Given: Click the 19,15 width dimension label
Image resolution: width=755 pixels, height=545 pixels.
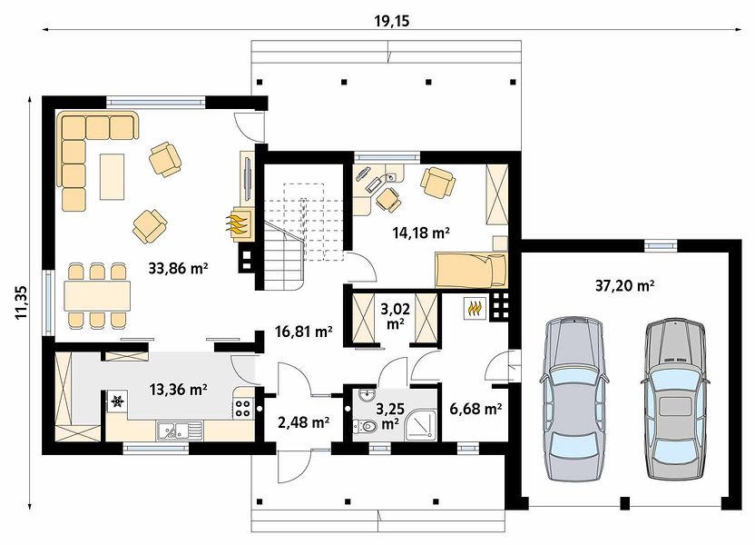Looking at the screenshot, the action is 391,21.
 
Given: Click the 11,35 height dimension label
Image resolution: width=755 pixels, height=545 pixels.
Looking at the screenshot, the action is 21,302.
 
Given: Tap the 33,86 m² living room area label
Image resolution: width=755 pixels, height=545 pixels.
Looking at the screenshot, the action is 178,268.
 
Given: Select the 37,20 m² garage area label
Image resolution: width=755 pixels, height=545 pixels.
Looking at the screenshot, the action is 624,286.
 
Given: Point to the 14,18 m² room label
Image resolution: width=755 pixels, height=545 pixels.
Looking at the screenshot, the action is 421,233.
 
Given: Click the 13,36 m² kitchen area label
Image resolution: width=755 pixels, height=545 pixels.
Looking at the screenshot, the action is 179,389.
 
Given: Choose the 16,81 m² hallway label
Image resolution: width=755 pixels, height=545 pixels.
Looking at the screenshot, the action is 304,331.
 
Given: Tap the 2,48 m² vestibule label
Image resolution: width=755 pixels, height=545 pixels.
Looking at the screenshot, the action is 304,422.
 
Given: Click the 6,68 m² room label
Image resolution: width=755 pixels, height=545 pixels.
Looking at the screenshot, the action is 476,409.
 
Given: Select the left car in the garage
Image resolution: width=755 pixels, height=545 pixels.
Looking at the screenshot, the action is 574,399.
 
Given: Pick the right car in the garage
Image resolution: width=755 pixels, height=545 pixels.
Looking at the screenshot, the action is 675,399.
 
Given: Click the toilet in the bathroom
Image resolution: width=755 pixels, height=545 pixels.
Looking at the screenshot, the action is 366,426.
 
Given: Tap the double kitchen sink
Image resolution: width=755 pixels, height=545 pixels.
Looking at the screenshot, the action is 179,431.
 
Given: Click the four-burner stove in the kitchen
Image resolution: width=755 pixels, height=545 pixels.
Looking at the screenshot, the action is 242,408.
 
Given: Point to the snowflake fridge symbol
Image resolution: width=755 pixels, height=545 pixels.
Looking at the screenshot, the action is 118,401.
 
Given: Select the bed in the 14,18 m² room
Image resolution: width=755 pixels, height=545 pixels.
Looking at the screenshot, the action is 471,270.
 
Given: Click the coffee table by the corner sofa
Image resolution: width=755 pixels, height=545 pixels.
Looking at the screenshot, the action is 113,176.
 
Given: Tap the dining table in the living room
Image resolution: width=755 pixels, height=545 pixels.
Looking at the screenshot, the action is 97,296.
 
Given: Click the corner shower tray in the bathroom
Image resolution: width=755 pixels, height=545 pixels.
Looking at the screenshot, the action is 420,425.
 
